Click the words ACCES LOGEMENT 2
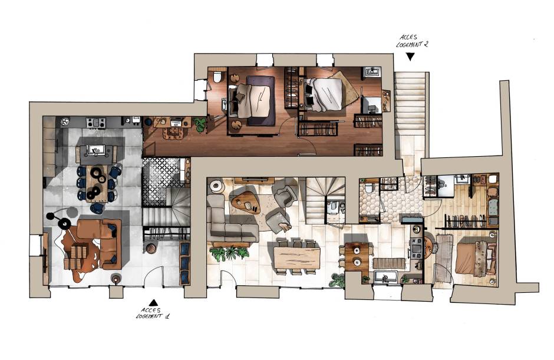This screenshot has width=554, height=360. coord(412,41)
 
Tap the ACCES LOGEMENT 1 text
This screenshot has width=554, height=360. coord(153,313)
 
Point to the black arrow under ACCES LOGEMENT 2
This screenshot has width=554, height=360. coord(410,57)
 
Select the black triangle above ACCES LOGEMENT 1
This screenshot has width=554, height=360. coord(153,302)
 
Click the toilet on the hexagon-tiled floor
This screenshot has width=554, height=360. coord(369,187)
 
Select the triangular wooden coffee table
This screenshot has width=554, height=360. coord(246,203)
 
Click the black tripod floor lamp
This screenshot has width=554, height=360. coord(59,219)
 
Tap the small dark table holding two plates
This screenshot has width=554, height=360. coord(357,256)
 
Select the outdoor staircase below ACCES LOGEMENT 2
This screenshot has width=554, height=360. coord(411,115)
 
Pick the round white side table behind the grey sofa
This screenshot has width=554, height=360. coord(215,186)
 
